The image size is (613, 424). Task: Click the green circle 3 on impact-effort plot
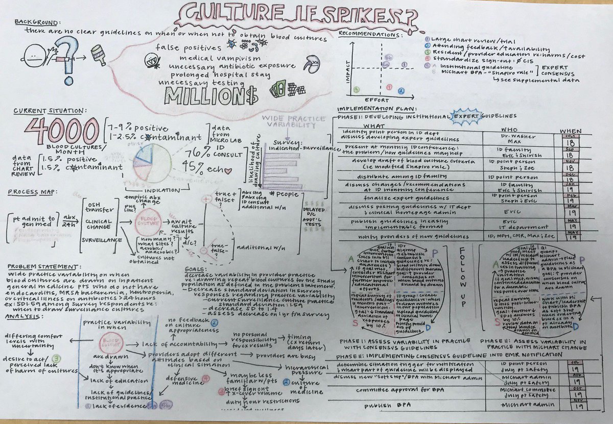(x=356, y=90)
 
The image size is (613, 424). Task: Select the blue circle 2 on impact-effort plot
(x=401, y=91)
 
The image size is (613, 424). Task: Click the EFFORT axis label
(x=378, y=100)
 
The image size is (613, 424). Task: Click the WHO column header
(x=510, y=130)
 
